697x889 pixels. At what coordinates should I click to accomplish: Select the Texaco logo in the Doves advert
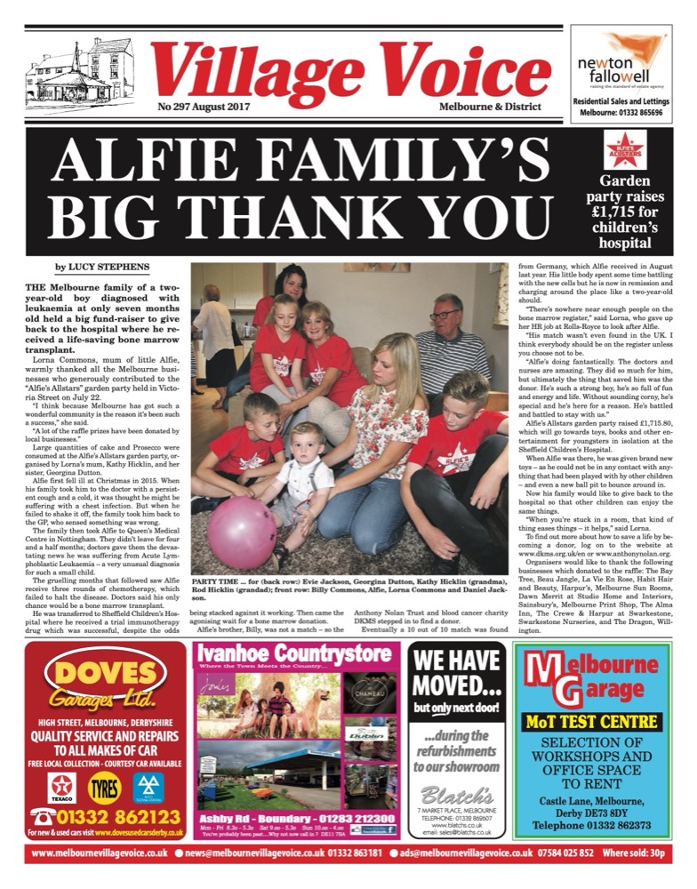click(x=62, y=787)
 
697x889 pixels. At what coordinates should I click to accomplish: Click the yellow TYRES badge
click(x=105, y=787)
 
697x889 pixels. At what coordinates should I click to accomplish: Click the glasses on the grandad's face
click(x=442, y=315)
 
